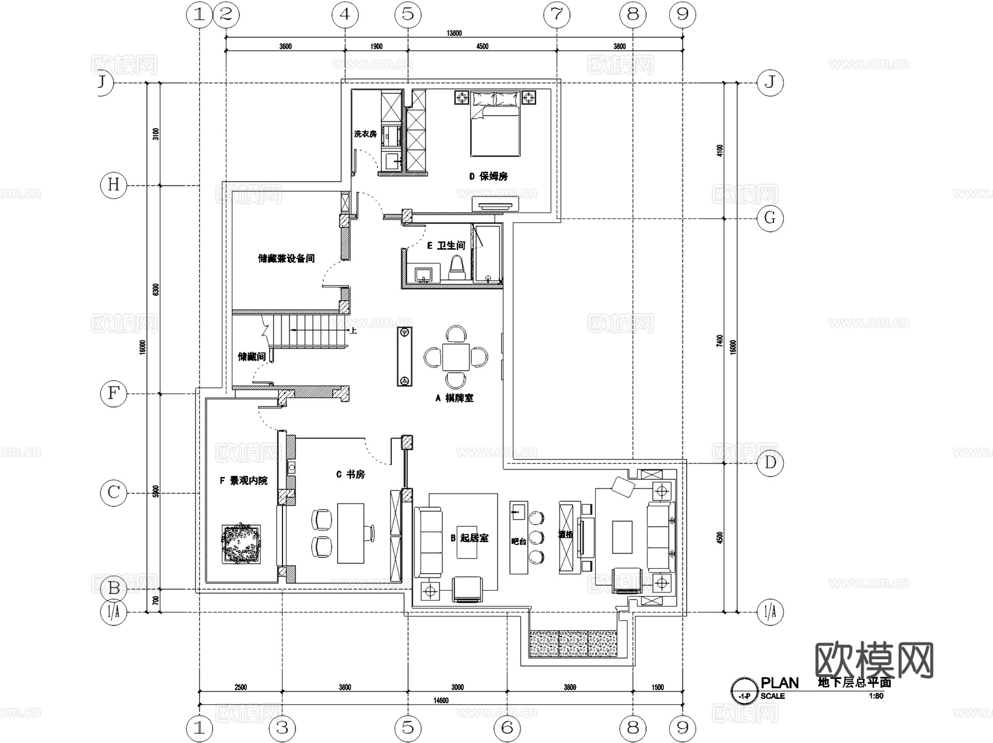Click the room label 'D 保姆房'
click(x=488, y=177)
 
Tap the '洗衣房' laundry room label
click(x=365, y=134)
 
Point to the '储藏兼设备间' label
click(x=286, y=258)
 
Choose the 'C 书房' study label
click(x=350, y=474)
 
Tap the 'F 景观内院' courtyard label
click(x=243, y=481)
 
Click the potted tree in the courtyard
click(x=241, y=543)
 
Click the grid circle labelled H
click(x=114, y=185)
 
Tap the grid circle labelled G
click(x=770, y=218)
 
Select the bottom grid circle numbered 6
click(x=507, y=728)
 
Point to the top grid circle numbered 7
click(x=557, y=14)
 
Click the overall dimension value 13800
click(x=454, y=33)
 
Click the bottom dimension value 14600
click(x=441, y=701)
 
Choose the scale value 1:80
click(x=876, y=696)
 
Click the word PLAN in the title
click(x=780, y=683)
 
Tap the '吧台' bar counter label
click(x=519, y=542)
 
